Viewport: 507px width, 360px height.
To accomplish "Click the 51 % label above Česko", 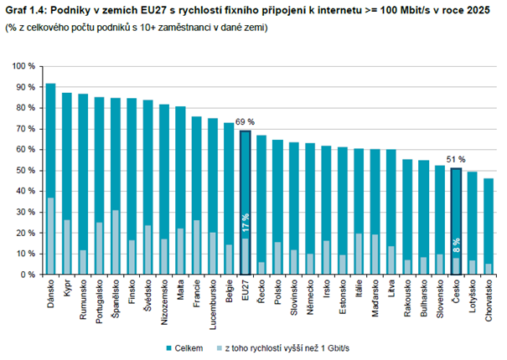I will click(455, 159).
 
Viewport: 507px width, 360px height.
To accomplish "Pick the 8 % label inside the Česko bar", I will click(455, 247).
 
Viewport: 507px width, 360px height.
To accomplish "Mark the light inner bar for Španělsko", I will click(116, 242).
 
